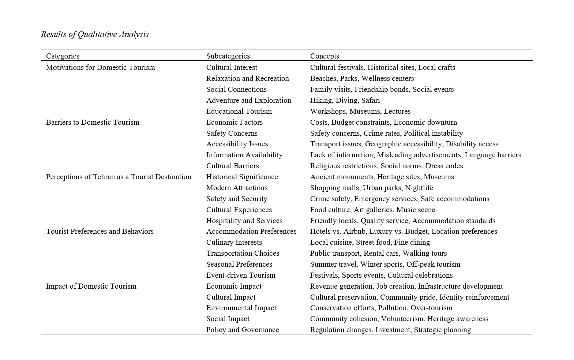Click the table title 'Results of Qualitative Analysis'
(x=95, y=34)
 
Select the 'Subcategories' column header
(x=228, y=56)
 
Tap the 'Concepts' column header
(x=324, y=56)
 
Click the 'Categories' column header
(x=63, y=56)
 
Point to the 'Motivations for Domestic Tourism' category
(x=101, y=67)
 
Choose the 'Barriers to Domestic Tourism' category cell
(x=93, y=122)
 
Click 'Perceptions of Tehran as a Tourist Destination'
(x=119, y=177)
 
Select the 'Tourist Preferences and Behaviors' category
(x=100, y=231)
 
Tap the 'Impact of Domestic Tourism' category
(x=91, y=286)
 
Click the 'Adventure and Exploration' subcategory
(x=249, y=100)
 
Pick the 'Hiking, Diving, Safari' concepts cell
(x=345, y=100)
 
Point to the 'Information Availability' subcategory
(x=244, y=155)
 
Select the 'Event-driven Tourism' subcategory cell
(x=241, y=275)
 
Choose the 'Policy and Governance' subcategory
(x=243, y=330)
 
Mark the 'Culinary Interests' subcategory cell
(x=234, y=242)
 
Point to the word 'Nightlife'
(x=419, y=188)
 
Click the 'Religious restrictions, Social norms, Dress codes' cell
(x=386, y=166)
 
